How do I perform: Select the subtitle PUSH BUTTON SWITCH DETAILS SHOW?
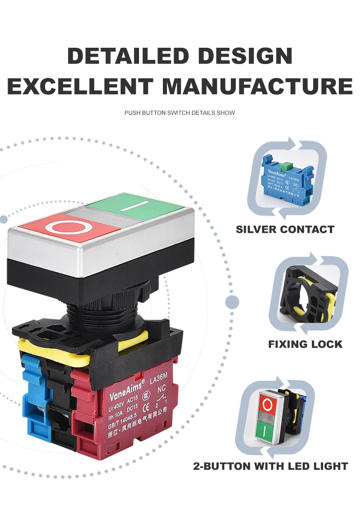180,113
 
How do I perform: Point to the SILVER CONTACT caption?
285,229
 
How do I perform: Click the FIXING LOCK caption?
305,344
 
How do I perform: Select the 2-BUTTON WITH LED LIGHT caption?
270,466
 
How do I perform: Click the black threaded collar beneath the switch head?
103,311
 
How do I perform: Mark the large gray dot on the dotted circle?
232,302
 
